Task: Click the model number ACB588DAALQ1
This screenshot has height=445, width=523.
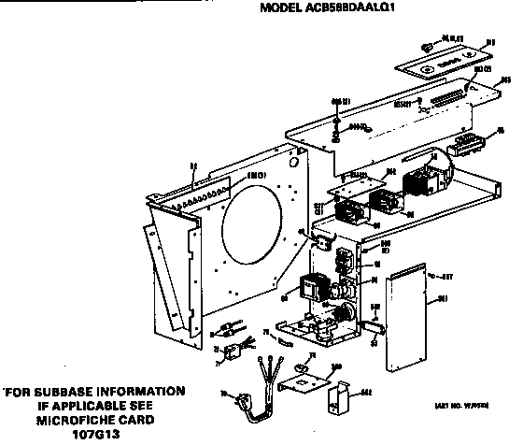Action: click(x=327, y=10)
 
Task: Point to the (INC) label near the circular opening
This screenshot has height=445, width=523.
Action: click(x=230, y=175)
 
